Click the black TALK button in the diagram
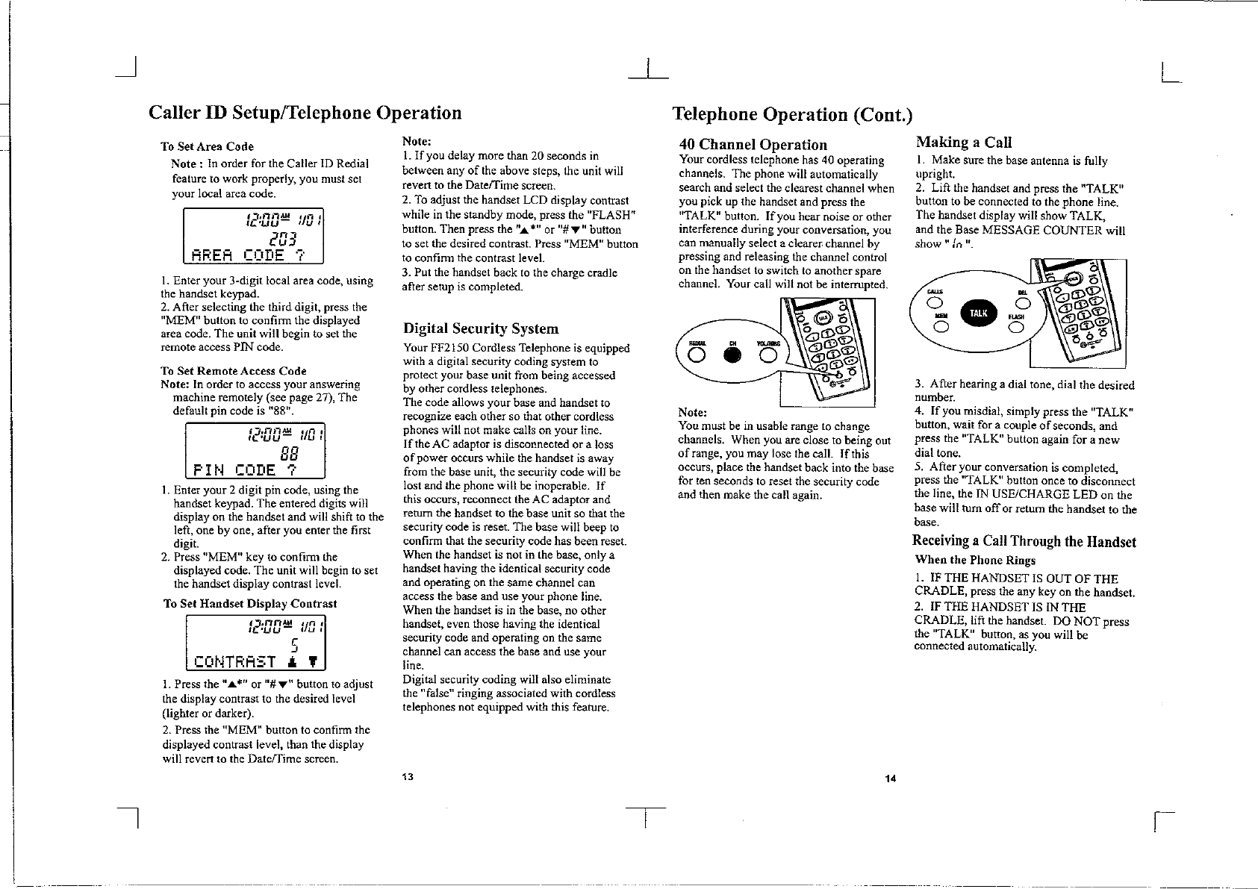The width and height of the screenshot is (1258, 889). tap(977, 314)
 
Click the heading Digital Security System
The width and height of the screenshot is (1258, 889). tap(480, 328)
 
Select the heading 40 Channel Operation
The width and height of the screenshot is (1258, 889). tap(753, 145)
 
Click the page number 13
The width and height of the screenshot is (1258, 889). tap(407, 776)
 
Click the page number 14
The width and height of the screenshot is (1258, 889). tap(889, 779)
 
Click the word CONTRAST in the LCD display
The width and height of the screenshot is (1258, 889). tap(235, 661)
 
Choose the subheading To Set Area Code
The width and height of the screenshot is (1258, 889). tap(207, 146)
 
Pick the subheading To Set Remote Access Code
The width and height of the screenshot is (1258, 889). tap(233, 371)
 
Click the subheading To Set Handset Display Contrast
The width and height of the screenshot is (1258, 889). tap(250, 603)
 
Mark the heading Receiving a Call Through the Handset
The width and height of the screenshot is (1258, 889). tap(1024, 542)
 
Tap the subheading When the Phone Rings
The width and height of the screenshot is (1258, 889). tap(975, 560)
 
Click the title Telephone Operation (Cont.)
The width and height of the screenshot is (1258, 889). tap(791, 114)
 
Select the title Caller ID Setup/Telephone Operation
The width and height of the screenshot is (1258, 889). tap(305, 113)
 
